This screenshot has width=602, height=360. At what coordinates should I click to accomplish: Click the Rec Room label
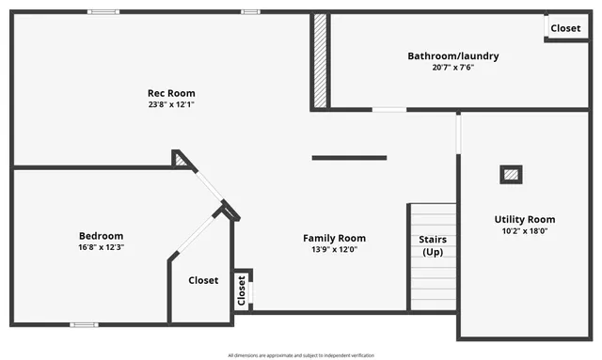pyautogui.click(x=171, y=93)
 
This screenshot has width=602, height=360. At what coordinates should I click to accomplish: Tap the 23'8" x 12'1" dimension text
pyautogui.click(x=171, y=104)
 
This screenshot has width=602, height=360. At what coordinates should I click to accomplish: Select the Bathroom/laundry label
pyautogui.click(x=452, y=56)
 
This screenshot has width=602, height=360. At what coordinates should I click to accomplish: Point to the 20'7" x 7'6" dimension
pyautogui.click(x=452, y=68)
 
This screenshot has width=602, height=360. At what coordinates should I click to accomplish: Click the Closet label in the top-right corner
pyautogui.click(x=565, y=28)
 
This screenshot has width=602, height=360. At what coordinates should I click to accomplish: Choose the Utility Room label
pyautogui.click(x=525, y=219)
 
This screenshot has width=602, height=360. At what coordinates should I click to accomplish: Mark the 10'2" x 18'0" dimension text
pyautogui.click(x=525, y=230)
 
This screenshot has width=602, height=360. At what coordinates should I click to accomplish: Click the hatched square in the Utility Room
pyautogui.click(x=511, y=174)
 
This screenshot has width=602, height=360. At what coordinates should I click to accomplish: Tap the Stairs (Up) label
pyautogui.click(x=433, y=245)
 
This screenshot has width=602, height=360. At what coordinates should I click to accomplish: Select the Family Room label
pyautogui.click(x=334, y=238)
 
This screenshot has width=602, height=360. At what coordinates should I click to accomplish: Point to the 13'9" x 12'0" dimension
pyautogui.click(x=334, y=249)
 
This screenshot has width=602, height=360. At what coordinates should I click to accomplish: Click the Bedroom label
pyautogui.click(x=101, y=236)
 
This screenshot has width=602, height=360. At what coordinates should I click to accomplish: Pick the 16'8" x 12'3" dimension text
pyautogui.click(x=101, y=247)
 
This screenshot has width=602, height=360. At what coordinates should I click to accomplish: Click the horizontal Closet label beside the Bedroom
pyautogui.click(x=203, y=280)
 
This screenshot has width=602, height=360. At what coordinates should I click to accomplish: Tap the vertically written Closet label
pyautogui.click(x=242, y=290)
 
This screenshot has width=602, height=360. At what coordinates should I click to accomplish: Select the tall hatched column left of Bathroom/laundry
pyautogui.click(x=320, y=60)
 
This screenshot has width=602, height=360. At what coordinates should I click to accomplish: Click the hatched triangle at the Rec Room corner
pyautogui.click(x=180, y=160)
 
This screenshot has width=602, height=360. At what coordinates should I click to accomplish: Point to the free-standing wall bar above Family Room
pyautogui.click(x=349, y=158)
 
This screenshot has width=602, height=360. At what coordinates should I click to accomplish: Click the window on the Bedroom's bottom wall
pyautogui.click(x=84, y=324)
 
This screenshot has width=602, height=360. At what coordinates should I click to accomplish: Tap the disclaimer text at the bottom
pyautogui.click(x=301, y=355)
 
